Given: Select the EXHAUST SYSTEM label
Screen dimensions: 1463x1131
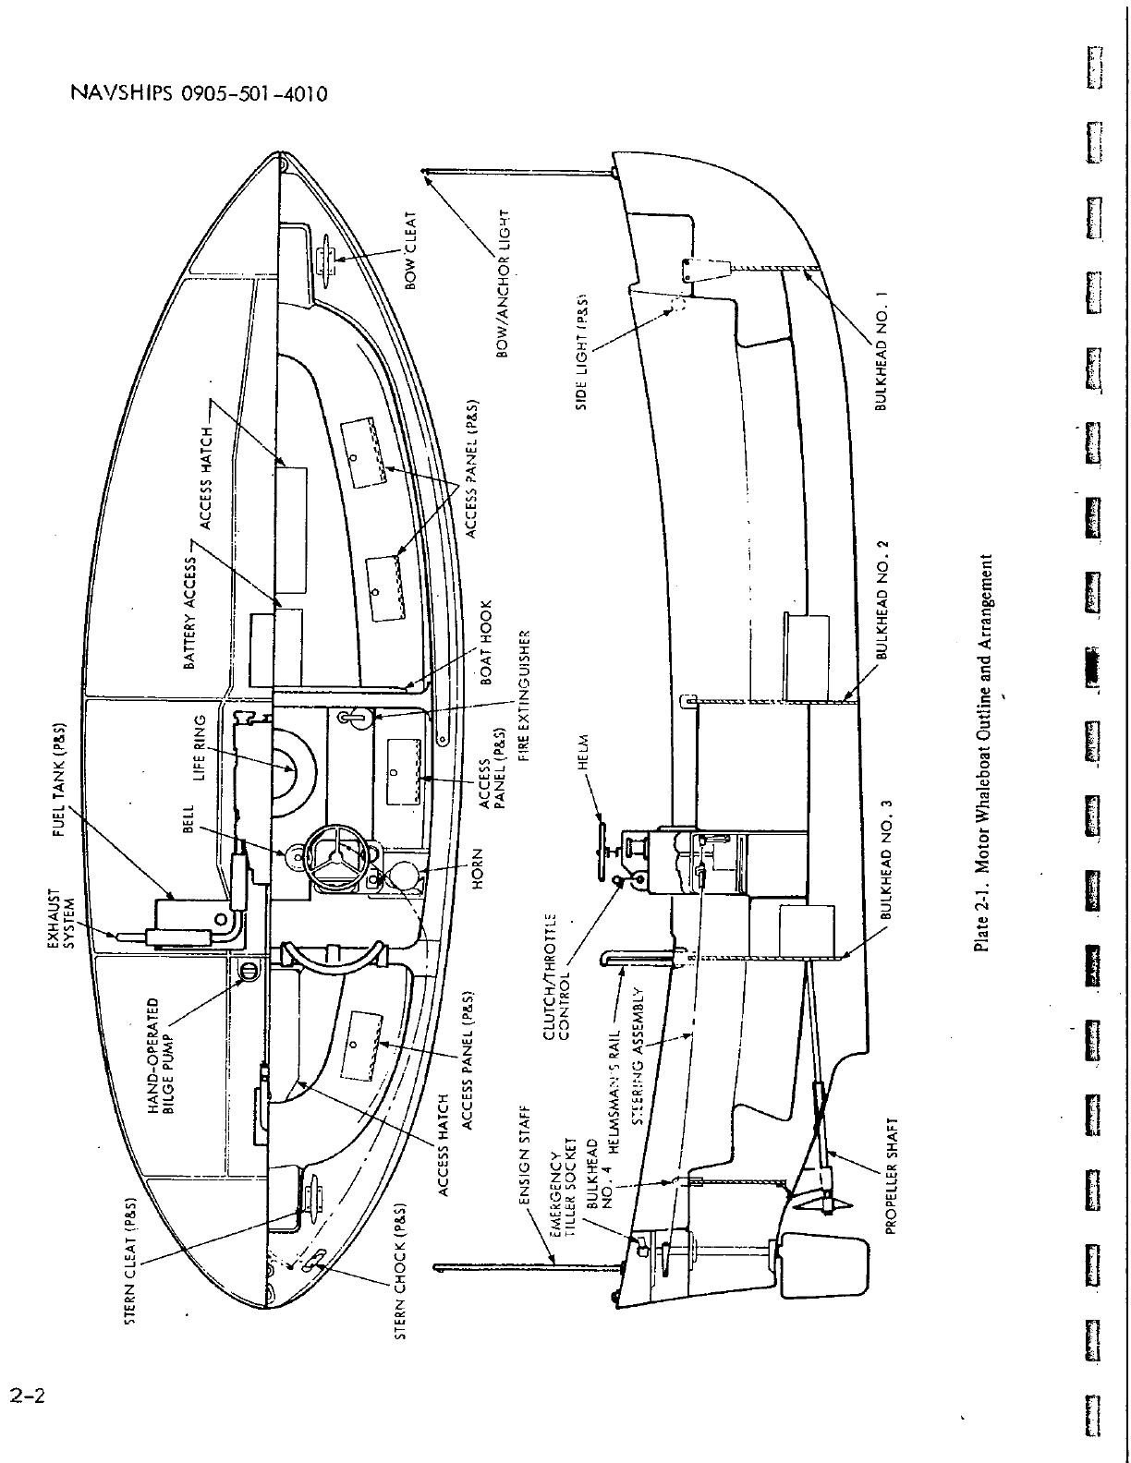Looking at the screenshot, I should [61, 918].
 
